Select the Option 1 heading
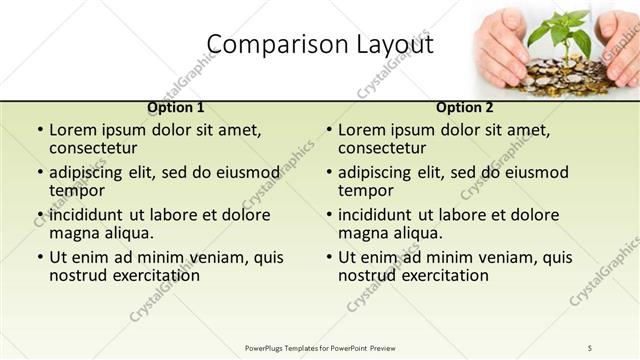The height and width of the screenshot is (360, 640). tap(176, 107)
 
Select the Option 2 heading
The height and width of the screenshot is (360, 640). tap(465, 107)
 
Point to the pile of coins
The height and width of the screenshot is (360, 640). tap(565, 75)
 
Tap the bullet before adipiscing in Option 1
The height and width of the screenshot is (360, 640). tap(40, 173)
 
